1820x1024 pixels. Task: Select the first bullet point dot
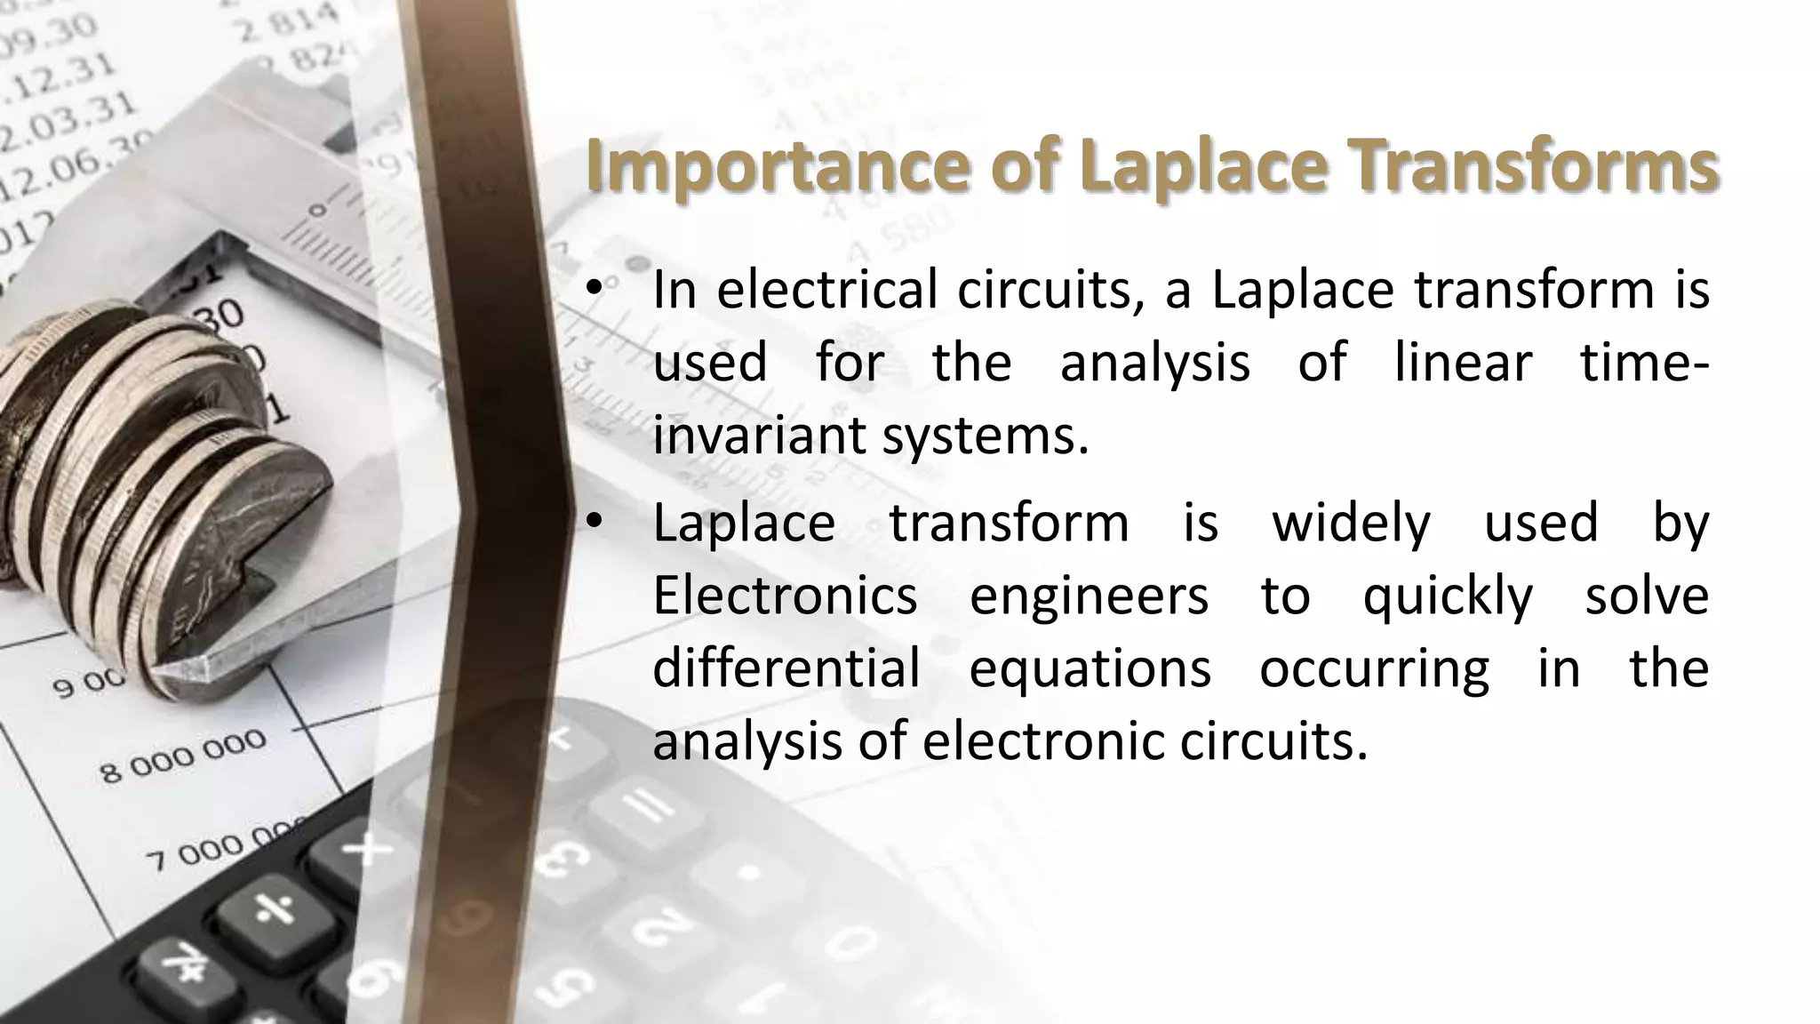coord(595,289)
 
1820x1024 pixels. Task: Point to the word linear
coord(1463,363)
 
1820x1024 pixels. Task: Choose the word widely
coord(1351,523)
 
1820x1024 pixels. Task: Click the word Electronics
coord(785,595)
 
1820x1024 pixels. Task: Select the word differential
coord(786,668)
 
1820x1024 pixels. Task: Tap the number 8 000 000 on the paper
coord(182,756)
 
